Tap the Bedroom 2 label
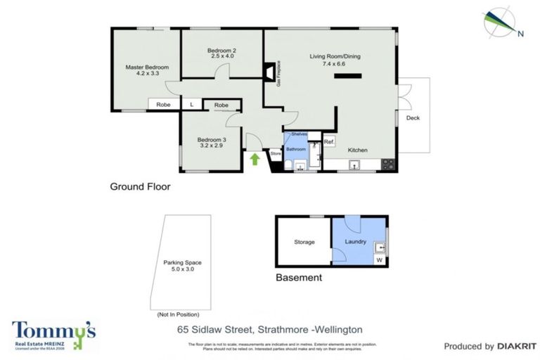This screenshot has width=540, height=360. (x=221, y=51)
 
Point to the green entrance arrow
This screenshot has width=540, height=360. (x=255, y=159)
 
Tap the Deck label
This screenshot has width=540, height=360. (x=413, y=117)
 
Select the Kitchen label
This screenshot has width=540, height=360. (x=358, y=150)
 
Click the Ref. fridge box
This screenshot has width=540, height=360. (x=328, y=142)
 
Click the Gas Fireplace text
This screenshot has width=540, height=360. (x=279, y=74)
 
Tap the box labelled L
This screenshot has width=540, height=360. (x=191, y=105)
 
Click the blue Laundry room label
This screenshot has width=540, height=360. (x=356, y=242)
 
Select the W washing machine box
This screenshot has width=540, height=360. (x=379, y=260)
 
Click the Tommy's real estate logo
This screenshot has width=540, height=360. (x=53, y=334)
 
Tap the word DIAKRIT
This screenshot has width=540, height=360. (x=517, y=346)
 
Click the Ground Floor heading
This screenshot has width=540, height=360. (x=140, y=187)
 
